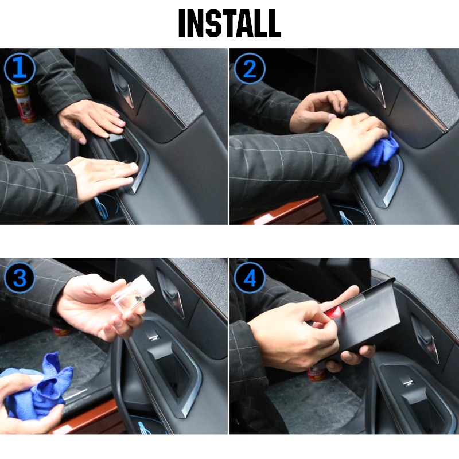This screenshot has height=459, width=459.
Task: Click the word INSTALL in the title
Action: pyautogui.click(x=229, y=24)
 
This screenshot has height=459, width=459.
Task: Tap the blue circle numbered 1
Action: pyautogui.click(x=20, y=69)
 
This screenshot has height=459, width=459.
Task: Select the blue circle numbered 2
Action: pyautogui.click(x=249, y=69)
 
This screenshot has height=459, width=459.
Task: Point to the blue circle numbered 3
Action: pyautogui.click(x=20, y=279)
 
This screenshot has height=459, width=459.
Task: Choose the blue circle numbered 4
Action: pyautogui.click(x=249, y=279)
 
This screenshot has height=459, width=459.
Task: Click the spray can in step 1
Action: pyautogui.click(x=22, y=102)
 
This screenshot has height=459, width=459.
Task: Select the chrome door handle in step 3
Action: pyautogui.click(x=172, y=293)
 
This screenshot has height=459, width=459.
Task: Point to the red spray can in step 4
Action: pyautogui.click(x=316, y=374)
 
